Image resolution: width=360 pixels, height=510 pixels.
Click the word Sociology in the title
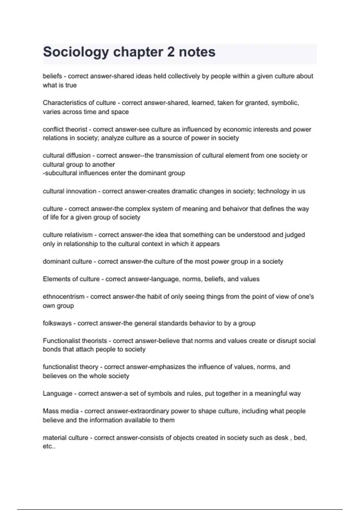[x=76, y=52]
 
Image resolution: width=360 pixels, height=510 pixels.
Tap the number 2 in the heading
[x=171, y=52]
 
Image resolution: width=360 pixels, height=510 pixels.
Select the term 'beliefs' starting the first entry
[x=52, y=76]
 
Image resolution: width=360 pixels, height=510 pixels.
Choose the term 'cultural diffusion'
[x=67, y=156]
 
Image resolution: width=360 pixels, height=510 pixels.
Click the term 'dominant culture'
[x=67, y=262]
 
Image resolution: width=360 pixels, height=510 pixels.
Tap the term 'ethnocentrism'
[x=64, y=297]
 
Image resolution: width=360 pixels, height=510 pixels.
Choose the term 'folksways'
[x=57, y=323]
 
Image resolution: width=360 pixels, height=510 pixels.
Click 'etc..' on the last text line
[x=49, y=446]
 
